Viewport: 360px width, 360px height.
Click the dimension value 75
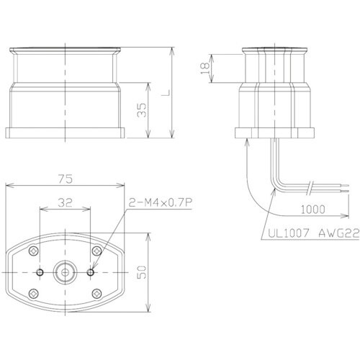point(65,179)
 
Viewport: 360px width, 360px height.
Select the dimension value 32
point(65,203)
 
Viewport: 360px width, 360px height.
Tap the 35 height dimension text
point(142,110)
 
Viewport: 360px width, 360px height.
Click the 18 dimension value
point(204,68)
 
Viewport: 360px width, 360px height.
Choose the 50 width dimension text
point(143,272)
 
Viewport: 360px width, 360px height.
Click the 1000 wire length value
point(313,210)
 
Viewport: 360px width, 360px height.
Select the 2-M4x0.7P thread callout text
point(161,203)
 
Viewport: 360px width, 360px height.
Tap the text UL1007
point(287,233)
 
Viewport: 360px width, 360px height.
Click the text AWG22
point(339,233)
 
